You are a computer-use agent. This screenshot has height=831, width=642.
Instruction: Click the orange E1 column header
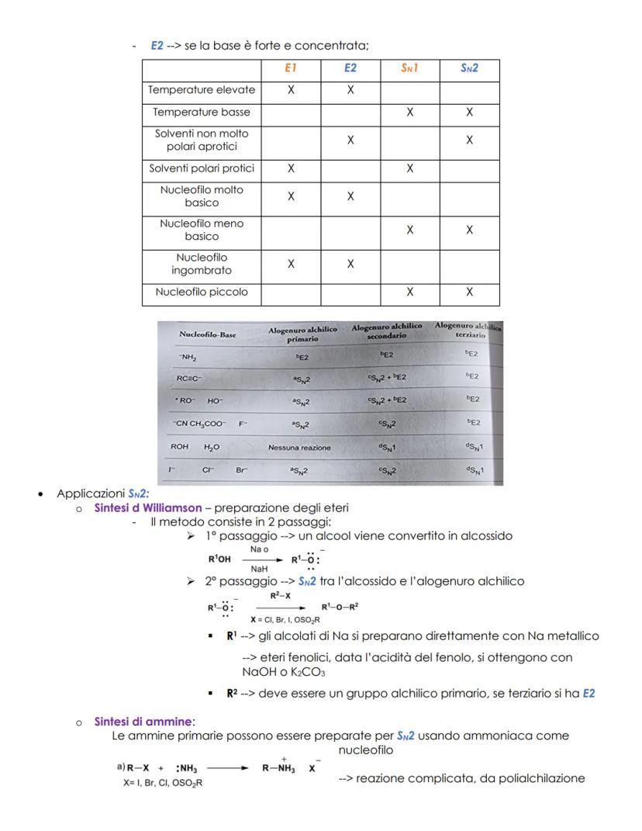point(291,68)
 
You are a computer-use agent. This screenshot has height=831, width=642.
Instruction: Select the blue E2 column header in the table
point(350,68)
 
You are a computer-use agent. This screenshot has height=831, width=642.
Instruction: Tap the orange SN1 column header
point(409,68)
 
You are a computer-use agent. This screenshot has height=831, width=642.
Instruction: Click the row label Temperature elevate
point(202,90)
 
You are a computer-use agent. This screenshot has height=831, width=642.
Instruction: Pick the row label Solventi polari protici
point(202,168)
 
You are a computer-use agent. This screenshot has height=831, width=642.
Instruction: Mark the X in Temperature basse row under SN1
point(409,112)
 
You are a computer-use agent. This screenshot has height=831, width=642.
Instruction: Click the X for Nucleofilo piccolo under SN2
point(469,293)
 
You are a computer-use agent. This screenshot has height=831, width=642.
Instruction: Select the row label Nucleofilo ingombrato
point(202,263)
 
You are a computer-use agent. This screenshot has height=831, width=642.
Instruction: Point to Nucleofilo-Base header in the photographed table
point(207,334)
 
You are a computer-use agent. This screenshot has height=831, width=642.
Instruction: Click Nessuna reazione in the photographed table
point(299,448)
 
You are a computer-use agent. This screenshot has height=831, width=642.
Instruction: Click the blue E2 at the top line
point(157,47)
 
